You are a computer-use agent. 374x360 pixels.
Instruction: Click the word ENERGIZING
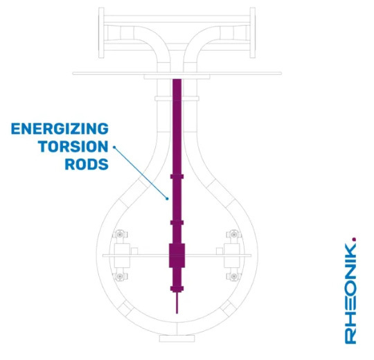(x=60, y=129)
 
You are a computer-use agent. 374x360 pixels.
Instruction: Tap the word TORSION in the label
(x=73, y=146)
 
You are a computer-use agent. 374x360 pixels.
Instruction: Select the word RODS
(x=87, y=164)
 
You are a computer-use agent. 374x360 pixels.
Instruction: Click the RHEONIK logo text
(x=350, y=293)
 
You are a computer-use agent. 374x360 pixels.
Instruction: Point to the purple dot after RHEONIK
(x=354, y=239)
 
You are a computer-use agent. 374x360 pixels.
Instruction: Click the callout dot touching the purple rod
(x=167, y=199)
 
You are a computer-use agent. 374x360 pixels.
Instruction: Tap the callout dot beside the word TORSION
(x=114, y=147)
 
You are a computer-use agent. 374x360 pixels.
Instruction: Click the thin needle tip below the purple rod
(x=177, y=313)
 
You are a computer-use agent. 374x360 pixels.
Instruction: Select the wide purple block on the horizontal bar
(x=177, y=255)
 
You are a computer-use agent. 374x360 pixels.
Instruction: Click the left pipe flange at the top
(x=101, y=33)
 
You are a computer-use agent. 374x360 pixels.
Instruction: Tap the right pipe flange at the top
(x=253, y=33)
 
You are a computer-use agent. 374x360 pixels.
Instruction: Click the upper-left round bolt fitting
(x=120, y=235)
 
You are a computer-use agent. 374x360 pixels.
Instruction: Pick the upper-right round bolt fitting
(x=233, y=235)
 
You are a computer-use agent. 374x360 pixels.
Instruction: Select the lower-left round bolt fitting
(x=119, y=276)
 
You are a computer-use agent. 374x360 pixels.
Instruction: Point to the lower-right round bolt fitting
(x=234, y=276)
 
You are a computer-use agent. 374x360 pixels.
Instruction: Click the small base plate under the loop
(x=177, y=339)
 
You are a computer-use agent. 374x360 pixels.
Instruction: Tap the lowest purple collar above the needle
(x=177, y=289)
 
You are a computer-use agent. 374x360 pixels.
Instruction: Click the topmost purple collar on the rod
(x=177, y=177)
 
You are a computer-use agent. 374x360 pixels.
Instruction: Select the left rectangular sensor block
(x=122, y=255)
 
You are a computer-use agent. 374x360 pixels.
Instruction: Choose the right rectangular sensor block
(x=231, y=255)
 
